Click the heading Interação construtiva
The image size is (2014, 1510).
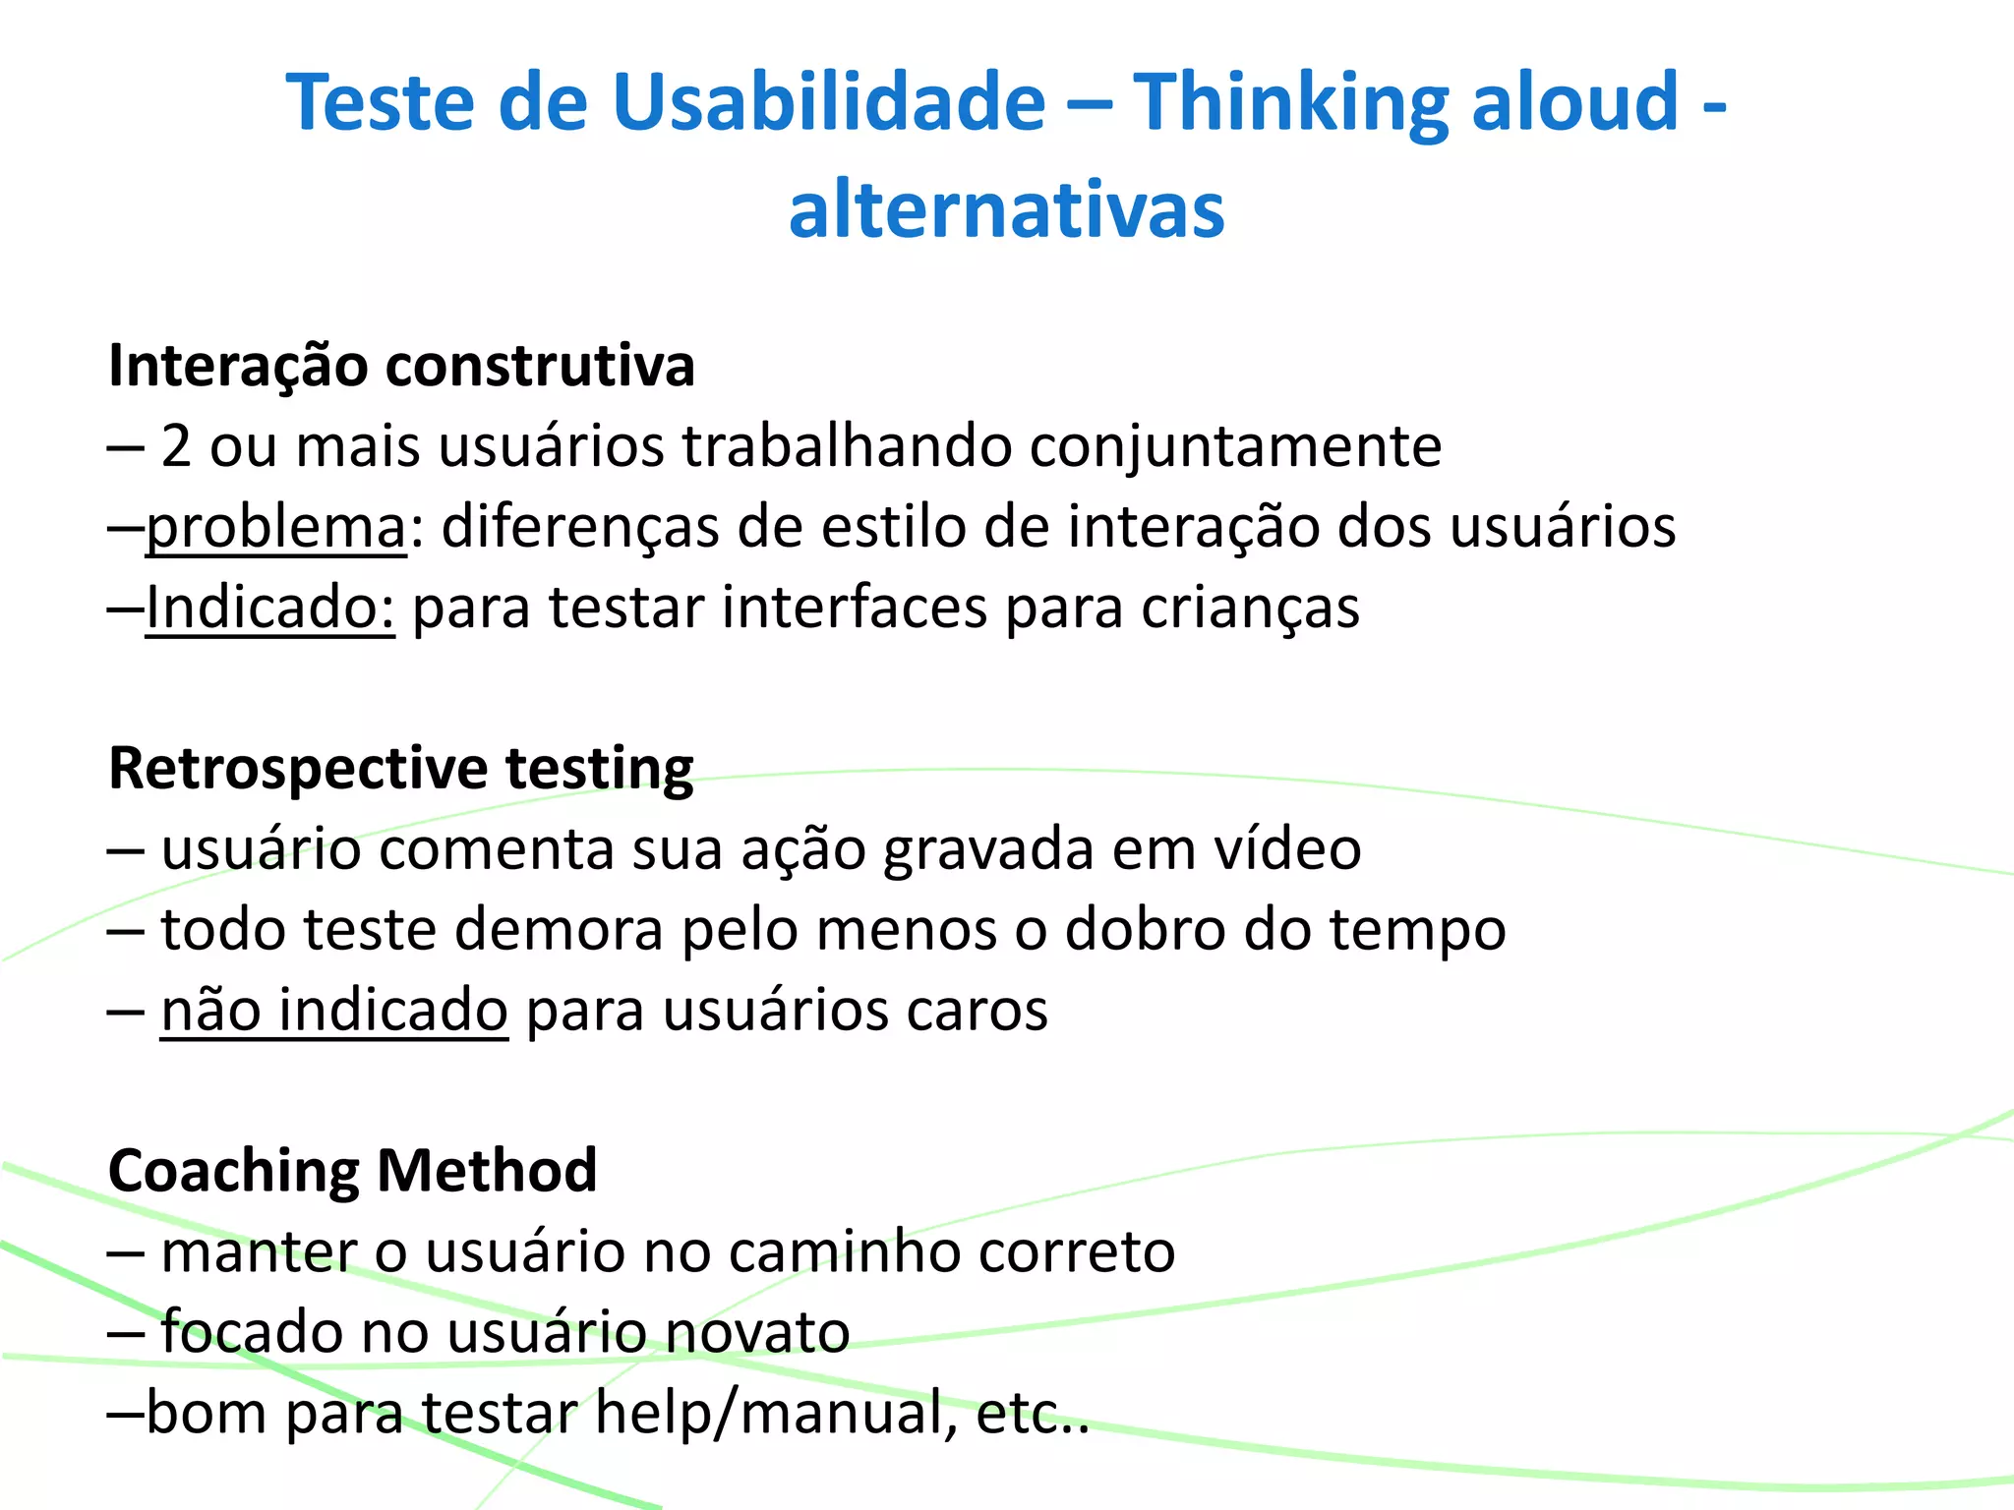point(401,366)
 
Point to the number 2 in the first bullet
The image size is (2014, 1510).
point(176,446)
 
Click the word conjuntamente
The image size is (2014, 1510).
point(1235,446)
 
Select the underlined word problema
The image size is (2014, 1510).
point(276,528)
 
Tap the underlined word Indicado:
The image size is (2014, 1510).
point(270,608)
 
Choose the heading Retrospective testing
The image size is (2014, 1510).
point(401,768)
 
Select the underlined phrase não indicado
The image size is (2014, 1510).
point(334,1010)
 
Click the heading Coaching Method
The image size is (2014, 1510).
point(352,1171)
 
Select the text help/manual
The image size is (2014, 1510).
point(776,1413)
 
